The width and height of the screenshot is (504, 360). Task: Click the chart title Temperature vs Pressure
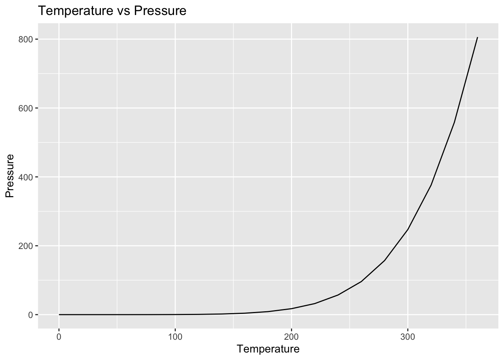[x=112, y=11]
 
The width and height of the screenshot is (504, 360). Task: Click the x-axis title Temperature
[x=268, y=349]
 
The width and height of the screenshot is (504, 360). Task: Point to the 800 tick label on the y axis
[x=26, y=39]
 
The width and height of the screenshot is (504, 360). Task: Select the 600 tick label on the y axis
[x=26, y=108]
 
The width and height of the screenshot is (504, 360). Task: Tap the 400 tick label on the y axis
[x=26, y=177]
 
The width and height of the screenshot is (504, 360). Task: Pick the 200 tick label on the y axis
[x=26, y=246]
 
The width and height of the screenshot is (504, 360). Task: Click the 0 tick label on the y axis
[x=31, y=315]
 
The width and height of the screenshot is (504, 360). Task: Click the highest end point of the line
[x=477, y=37]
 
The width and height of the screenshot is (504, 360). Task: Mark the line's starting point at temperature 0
[x=59, y=315]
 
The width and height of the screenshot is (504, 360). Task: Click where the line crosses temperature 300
[x=408, y=229]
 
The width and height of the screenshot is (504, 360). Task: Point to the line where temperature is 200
[x=291, y=309]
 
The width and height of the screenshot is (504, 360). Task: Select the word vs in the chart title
[x=123, y=11]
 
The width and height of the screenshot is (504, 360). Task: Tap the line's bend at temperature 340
[x=454, y=122]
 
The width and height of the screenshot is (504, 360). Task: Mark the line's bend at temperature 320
[x=431, y=185]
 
